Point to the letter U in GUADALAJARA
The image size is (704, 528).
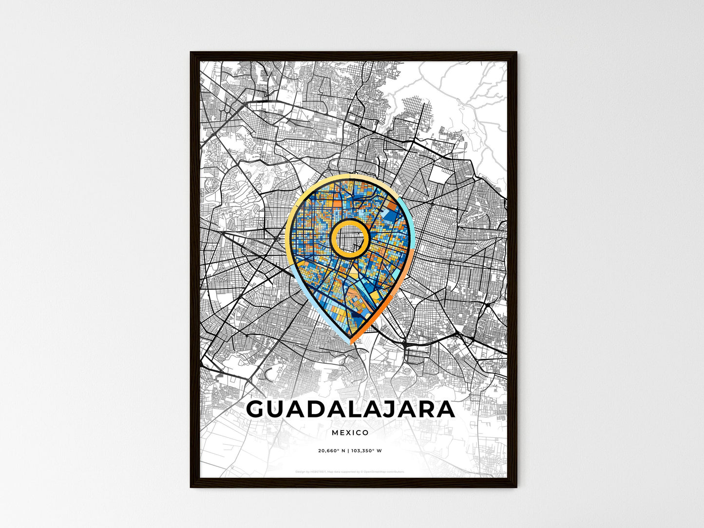coord(281,409)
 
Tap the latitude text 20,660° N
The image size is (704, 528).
coord(331,451)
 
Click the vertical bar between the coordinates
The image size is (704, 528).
coord(348,451)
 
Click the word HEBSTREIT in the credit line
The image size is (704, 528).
coord(319,471)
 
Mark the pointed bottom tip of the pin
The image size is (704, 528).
coord(351,343)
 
